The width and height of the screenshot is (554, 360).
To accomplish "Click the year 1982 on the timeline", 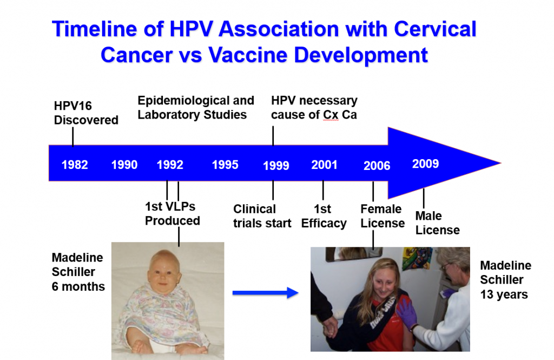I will tap(75, 165).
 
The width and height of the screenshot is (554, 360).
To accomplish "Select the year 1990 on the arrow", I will tap(124, 165).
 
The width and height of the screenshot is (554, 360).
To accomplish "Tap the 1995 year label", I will tap(225, 165).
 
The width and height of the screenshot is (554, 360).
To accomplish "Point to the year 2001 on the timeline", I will tap(324, 165).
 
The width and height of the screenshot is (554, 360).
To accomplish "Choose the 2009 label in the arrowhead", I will tap(425, 163).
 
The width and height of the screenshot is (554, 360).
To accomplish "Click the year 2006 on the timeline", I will tap(377, 166).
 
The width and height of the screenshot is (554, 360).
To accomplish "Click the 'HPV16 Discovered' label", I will tap(86, 113).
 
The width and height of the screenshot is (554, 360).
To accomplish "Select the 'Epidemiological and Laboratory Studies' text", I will tap(195, 107).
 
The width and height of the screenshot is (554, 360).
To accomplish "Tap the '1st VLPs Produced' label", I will tap(172, 214).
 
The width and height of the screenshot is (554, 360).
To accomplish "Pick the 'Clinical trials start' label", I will tap(262, 216).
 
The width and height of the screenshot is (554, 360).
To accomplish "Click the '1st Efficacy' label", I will tap(324, 216).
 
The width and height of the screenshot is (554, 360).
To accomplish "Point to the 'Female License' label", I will tap(382, 216).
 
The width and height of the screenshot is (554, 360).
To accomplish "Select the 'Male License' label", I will tap(437, 223).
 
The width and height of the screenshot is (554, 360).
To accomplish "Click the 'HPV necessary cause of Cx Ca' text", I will tap(314, 107).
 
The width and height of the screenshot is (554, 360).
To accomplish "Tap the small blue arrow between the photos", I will tap(265, 293).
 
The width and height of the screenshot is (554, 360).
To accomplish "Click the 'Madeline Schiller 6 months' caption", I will tap(78, 272).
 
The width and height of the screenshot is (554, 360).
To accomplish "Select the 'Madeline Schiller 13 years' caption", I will tap(505, 280).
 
